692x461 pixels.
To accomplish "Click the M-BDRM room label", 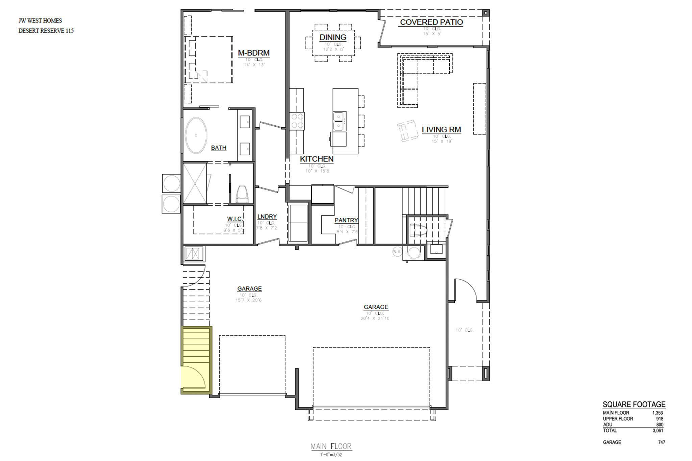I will (253, 53).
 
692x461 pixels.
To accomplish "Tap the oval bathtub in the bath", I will (196, 135).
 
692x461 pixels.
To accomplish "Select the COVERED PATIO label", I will (431, 22).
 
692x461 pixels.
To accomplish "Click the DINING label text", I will (333, 37).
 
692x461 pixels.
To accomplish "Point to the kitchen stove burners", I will (297, 121).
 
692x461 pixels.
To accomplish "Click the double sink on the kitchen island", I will (339, 121).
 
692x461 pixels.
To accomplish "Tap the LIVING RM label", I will (441, 130).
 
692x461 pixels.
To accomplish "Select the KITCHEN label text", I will (317, 159).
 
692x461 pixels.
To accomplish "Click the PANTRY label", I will (346, 220).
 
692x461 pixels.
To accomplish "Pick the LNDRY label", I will (267, 217).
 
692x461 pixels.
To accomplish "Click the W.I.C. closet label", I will (235, 219).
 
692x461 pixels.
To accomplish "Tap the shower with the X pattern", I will (195, 183).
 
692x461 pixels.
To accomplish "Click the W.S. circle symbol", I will (397, 252).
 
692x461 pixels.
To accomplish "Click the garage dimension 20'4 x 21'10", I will (375, 318).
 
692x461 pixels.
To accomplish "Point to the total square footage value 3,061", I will (658, 431).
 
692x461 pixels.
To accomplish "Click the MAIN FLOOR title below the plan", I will (331, 446).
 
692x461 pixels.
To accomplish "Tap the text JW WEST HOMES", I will (40, 21).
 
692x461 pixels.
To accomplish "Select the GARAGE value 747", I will (661, 442).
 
